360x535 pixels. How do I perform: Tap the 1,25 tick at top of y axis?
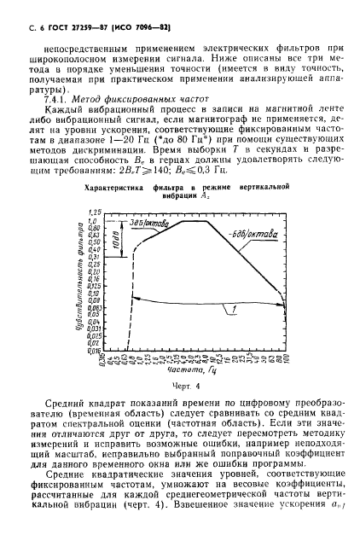coord(95,211)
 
